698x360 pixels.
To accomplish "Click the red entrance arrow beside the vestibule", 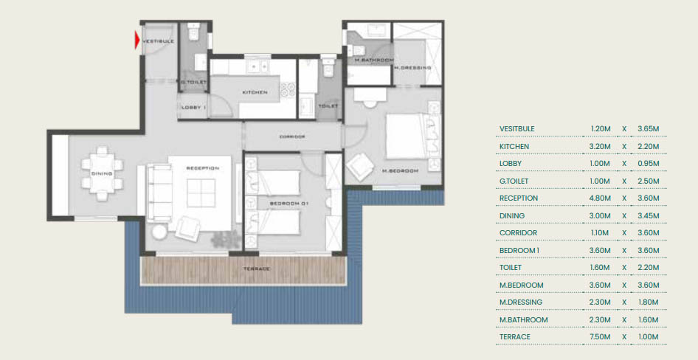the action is coord(137,40).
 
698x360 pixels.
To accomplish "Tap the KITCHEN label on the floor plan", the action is coord(255,92).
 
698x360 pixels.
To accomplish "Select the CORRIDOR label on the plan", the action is coord(292,136).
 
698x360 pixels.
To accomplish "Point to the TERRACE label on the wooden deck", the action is coord(257,269).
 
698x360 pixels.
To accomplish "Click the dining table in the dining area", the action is coord(102,173).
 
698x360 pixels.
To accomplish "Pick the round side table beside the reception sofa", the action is coord(159,232).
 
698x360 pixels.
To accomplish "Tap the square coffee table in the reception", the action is coord(201,193).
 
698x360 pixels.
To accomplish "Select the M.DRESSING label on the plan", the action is coord(412,68).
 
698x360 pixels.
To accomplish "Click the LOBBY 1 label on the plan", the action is coord(194,107).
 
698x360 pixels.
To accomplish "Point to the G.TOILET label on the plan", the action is coord(193,83).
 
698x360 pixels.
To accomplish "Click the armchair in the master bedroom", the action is coord(361,167).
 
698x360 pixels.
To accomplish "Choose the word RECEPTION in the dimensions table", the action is coord(519,198).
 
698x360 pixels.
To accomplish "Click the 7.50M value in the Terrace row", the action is coord(600,337).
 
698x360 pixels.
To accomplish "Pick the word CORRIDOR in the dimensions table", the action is coord(518,232).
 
